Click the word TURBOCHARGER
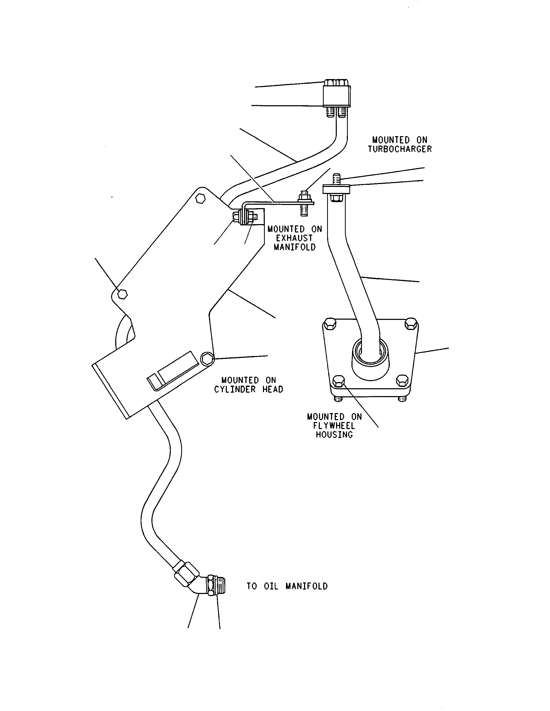400,149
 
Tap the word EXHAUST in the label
294,238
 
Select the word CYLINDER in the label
235,389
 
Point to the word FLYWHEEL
334,426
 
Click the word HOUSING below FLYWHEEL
334,435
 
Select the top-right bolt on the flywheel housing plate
411,323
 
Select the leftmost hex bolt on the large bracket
122,294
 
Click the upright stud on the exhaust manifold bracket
304,203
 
